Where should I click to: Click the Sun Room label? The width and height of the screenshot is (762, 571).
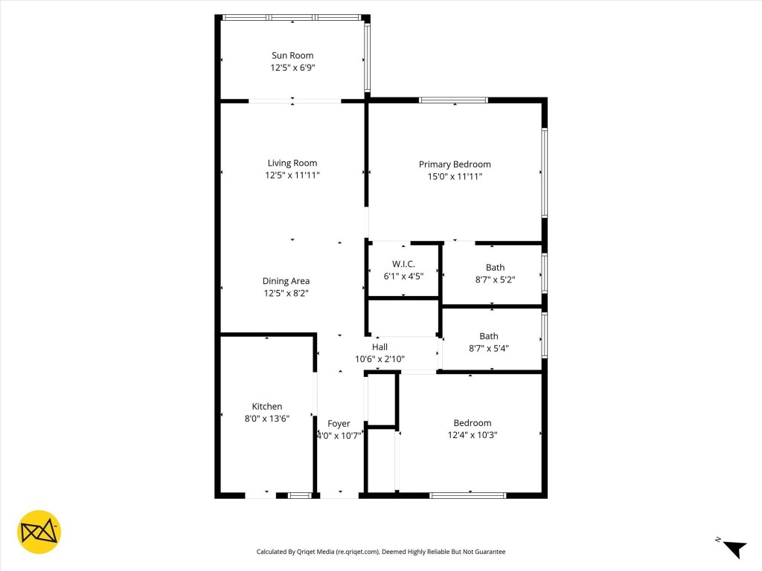pyautogui.click(x=292, y=55)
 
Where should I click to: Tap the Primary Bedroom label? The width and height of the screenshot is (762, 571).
pyautogui.click(x=454, y=164)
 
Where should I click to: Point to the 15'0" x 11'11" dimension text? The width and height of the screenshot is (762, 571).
pyautogui.click(x=454, y=177)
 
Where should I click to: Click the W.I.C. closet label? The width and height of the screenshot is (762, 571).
pyautogui.click(x=403, y=264)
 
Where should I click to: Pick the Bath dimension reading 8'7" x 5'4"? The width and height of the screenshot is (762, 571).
pyautogui.click(x=489, y=348)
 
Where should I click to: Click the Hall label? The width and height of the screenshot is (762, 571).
pyautogui.click(x=380, y=346)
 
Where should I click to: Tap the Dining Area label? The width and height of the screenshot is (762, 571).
pyautogui.click(x=286, y=281)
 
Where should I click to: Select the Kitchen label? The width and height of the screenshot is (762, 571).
pyautogui.click(x=266, y=406)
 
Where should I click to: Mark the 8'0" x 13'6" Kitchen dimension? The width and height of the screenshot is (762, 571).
pyautogui.click(x=266, y=419)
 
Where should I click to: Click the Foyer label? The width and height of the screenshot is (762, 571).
pyautogui.click(x=339, y=424)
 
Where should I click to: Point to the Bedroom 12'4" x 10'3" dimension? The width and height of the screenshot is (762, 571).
pyautogui.click(x=472, y=435)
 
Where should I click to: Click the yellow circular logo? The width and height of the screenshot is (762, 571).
pyautogui.click(x=39, y=532)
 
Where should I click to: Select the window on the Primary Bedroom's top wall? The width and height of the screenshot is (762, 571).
pyautogui.click(x=453, y=100)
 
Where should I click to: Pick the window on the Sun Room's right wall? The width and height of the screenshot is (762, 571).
pyautogui.click(x=367, y=57)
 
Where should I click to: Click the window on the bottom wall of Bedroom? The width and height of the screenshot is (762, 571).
pyautogui.click(x=468, y=494)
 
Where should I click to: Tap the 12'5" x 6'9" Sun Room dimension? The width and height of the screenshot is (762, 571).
pyautogui.click(x=292, y=68)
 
